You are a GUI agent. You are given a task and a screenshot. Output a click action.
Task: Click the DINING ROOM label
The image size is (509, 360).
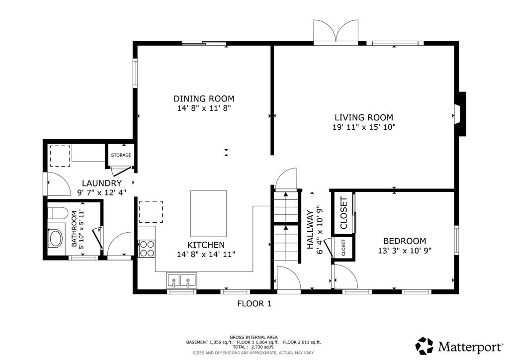coord(204,98)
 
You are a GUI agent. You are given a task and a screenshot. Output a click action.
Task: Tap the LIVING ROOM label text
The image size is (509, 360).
coord(364,117)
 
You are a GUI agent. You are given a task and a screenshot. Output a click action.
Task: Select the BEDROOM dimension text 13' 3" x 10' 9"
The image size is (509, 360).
coord(405,251)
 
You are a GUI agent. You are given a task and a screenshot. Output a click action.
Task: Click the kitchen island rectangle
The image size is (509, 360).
coord(208,214)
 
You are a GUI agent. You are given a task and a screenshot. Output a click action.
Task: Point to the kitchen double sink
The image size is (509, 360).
coord(181,280)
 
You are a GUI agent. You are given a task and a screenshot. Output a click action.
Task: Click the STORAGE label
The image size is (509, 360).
coord(121,155)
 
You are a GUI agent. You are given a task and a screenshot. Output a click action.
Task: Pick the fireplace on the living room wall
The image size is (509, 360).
coord(460,114)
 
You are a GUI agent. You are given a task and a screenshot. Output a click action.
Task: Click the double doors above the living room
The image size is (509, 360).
coord(336,31)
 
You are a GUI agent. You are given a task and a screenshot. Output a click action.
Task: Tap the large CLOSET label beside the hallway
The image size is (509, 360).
coord(343,213)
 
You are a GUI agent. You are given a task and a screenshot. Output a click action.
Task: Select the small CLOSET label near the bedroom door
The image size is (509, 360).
coord(343,248)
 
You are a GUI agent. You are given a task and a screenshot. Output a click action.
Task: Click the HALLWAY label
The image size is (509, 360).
coord(311,230)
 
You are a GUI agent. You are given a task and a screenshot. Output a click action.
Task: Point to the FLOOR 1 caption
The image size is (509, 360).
coord(254,303)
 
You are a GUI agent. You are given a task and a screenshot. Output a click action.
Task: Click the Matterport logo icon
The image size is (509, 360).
coord(424,346)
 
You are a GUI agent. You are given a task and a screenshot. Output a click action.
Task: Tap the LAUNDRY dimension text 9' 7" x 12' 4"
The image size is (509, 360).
coord(101,192)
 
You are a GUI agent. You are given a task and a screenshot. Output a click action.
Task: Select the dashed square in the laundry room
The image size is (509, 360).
coord(60,156)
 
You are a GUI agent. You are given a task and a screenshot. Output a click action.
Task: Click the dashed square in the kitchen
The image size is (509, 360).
coord(151,212)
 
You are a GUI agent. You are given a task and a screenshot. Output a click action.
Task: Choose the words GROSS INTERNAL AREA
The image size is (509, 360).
coord(254,337)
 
